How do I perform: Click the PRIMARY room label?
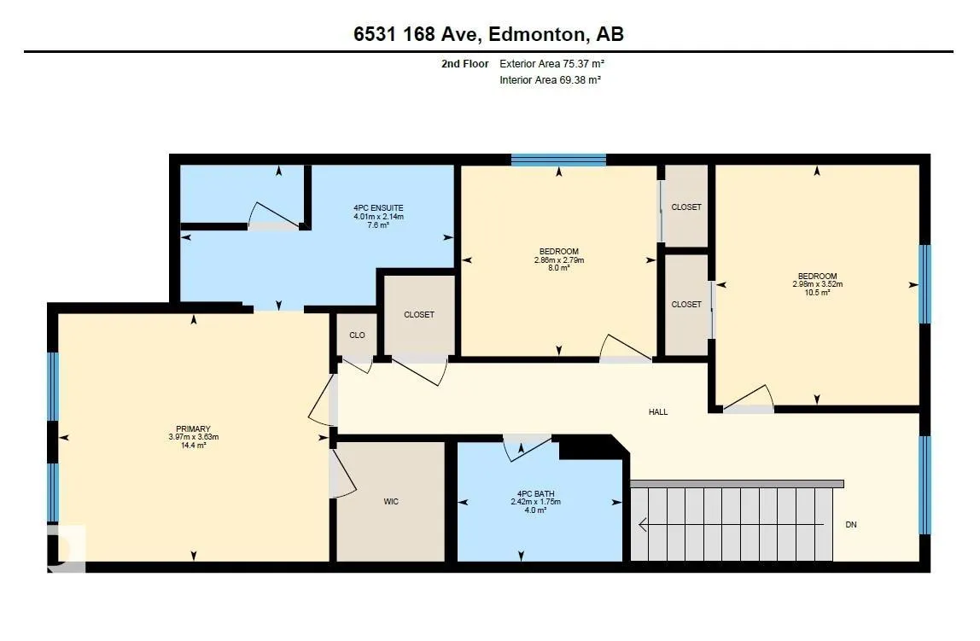[x=193, y=429]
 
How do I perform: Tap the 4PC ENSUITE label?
[x=378, y=208]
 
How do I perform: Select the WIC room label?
[x=391, y=502]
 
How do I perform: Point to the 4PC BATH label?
[x=535, y=493]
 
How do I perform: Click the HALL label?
[x=658, y=412]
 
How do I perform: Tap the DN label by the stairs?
[x=850, y=525]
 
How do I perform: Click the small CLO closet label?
[x=357, y=335]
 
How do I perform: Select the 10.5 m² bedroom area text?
[x=817, y=293]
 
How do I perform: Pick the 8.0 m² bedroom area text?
[x=559, y=268]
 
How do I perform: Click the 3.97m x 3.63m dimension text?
[x=193, y=437]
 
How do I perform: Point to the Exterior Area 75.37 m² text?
[x=551, y=64]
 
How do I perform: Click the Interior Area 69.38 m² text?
[x=550, y=80]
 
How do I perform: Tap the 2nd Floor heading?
[x=465, y=64]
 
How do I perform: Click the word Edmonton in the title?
[x=535, y=34]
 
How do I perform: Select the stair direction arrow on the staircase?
[x=732, y=526]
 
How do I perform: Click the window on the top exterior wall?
[x=559, y=160]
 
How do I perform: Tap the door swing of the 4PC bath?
[x=527, y=448]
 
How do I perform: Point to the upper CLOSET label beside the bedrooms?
[x=686, y=207]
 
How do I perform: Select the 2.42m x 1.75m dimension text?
[x=535, y=502]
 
